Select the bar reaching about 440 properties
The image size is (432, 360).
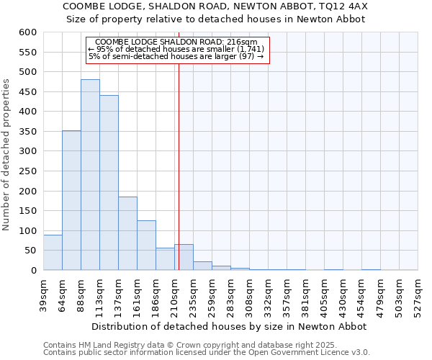[x=109, y=183]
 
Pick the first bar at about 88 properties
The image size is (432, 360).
[x=53, y=253]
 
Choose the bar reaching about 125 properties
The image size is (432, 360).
[x=146, y=245]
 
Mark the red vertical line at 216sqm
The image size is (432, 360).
[x=179, y=158]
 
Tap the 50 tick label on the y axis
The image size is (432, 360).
[x=30, y=251]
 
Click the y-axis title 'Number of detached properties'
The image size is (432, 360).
[x=7, y=155]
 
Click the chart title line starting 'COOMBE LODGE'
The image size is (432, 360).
[x=216, y=6]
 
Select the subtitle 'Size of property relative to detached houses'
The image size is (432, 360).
[x=216, y=19]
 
